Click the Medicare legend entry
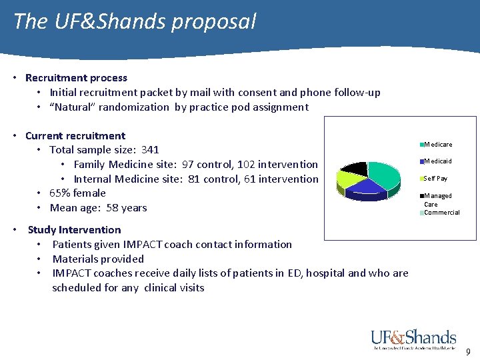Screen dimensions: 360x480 coord(437,145)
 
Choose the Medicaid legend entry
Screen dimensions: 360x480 coord(437,161)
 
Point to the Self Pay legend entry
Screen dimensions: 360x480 coord(435,179)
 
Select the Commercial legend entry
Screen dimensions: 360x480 coord(441,213)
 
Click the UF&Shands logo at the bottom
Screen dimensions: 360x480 coord(413,339)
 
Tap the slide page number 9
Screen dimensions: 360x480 coord(468,352)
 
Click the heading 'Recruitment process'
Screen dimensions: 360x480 coord(76,78)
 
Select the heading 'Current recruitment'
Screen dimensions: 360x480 coord(75,136)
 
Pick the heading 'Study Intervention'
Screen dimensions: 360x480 coord(74,230)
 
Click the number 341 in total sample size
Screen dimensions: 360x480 coord(150,150)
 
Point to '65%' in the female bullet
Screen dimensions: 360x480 coord(61,193)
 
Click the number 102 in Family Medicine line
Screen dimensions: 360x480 coord(235,165)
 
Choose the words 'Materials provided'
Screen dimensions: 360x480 coord(98,259)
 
